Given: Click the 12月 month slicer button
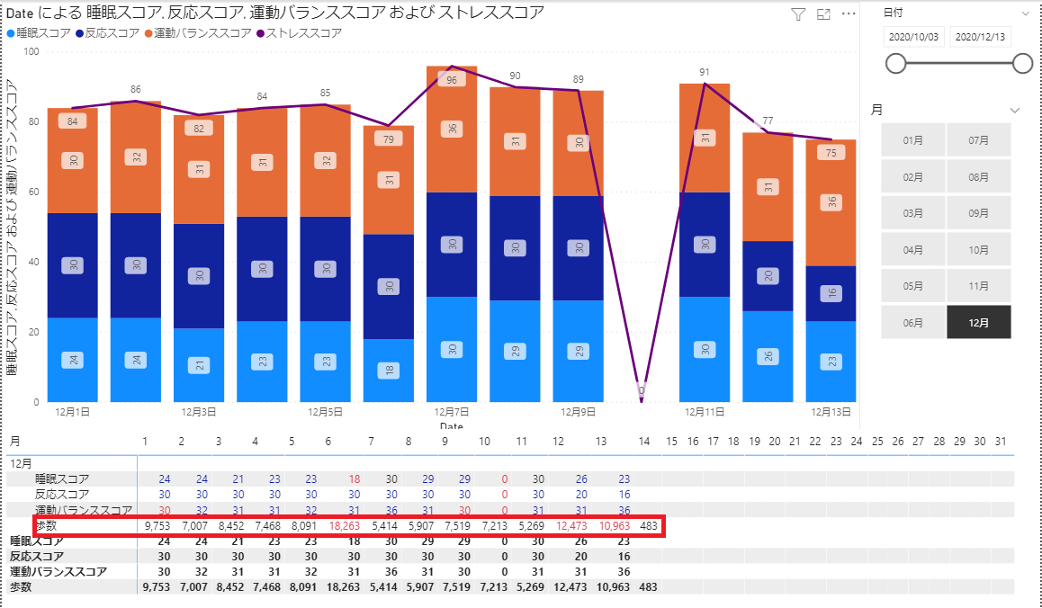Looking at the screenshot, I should tap(978, 322).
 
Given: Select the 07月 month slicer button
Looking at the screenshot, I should tap(978, 139).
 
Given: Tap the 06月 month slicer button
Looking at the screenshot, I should tap(912, 322).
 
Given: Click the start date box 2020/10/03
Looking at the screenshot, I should tap(912, 37).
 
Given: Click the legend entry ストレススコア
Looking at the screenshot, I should tap(305, 33).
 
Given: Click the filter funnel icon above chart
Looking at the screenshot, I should tap(797, 13).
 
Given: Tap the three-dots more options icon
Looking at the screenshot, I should tap(848, 13).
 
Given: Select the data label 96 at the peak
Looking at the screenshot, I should tap(451, 80).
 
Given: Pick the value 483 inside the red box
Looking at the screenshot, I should tap(649, 525).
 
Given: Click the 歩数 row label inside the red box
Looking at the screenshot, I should tap(46, 525).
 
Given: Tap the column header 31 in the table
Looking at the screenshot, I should tap(1002, 442).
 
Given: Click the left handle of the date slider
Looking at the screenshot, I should tap(895, 63).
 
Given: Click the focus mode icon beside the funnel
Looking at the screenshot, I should tap(822, 13).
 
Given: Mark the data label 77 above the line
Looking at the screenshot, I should tap(768, 121).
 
